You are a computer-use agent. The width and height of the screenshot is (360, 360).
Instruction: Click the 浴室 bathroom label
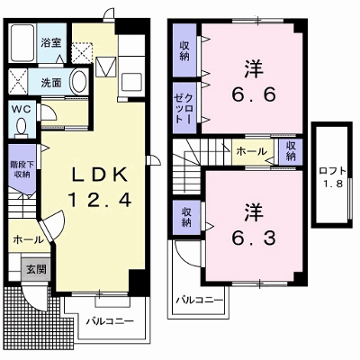click(51, 42)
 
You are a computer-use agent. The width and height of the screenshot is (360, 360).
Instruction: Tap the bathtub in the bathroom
click(22, 42)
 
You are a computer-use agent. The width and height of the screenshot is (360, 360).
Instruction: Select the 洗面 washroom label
click(51, 83)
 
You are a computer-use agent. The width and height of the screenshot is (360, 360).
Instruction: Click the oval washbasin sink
click(78, 82)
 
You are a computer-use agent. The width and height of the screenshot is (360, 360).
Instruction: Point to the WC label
click(22, 109)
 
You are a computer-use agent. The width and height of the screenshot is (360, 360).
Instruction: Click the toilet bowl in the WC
click(22, 127)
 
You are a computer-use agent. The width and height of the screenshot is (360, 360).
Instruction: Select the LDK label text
click(100, 174)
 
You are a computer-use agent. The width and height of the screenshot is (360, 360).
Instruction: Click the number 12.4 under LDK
click(100, 200)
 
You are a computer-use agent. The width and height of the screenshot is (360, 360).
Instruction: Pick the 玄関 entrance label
click(36, 269)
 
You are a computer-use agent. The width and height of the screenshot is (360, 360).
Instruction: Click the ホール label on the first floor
click(28, 239)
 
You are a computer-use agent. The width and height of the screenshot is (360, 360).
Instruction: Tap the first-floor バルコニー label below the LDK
click(110, 321)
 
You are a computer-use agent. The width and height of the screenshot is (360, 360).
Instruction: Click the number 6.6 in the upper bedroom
click(254, 95)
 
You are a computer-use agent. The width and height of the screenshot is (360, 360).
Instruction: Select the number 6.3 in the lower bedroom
click(254, 238)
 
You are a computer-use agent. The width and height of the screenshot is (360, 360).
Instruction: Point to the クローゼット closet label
click(184, 108)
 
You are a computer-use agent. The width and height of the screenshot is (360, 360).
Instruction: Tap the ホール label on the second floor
click(251, 151)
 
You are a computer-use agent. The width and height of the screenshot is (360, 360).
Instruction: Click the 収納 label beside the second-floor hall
click(291, 151)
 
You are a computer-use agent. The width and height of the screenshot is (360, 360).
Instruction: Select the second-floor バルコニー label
click(200, 300)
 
